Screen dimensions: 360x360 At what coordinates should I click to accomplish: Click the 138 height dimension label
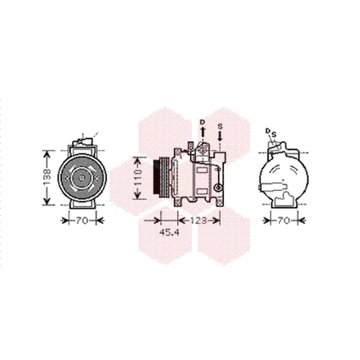(x=48, y=178)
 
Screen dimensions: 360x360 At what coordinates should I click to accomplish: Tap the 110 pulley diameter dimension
(x=138, y=178)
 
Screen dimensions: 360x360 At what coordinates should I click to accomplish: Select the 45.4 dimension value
(x=169, y=232)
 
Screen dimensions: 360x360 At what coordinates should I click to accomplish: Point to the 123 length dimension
(x=199, y=220)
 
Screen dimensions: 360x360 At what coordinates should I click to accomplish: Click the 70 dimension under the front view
(x=82, y=220)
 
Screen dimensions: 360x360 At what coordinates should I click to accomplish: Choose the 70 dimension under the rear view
(x=284, y=220)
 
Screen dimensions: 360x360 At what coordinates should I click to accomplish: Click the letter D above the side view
(x=203, y=122)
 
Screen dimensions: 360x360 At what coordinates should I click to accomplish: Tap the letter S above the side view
(x=220, y=126)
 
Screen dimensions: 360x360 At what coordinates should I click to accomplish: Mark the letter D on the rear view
(x=268, y=131)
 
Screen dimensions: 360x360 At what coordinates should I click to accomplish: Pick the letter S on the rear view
(x=274, y=135)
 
